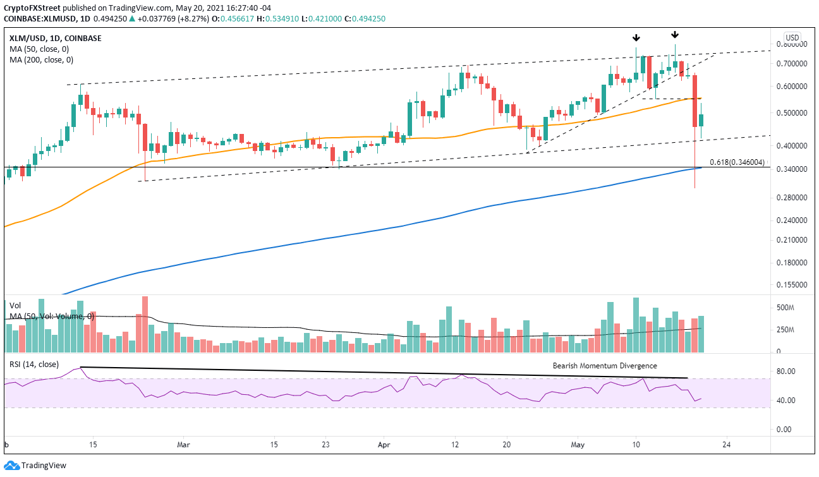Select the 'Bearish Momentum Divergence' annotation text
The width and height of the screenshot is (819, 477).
[x=605, y=366]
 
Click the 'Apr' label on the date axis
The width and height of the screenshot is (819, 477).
[x=384, y=444]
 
